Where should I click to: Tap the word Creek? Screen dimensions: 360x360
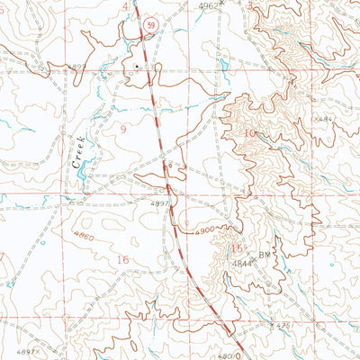[x=78, y=148]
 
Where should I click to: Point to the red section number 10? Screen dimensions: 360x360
[x=249, y=133]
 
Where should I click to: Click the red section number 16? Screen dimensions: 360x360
[x=124, y=259]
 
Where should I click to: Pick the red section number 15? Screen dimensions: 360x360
[x=237, y=248]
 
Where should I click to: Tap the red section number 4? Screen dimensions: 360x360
[x=124, y=5]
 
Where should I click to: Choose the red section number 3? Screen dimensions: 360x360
[x=248, y=5]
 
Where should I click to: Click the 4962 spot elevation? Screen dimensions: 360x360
[x=208, y=5]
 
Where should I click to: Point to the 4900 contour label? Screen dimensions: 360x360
[x=204, y=230]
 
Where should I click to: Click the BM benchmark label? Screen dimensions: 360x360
[x=266, y=255]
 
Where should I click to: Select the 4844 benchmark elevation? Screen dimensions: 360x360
[x=239, y=265]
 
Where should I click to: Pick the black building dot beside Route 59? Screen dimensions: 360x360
[x=137, y=66]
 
